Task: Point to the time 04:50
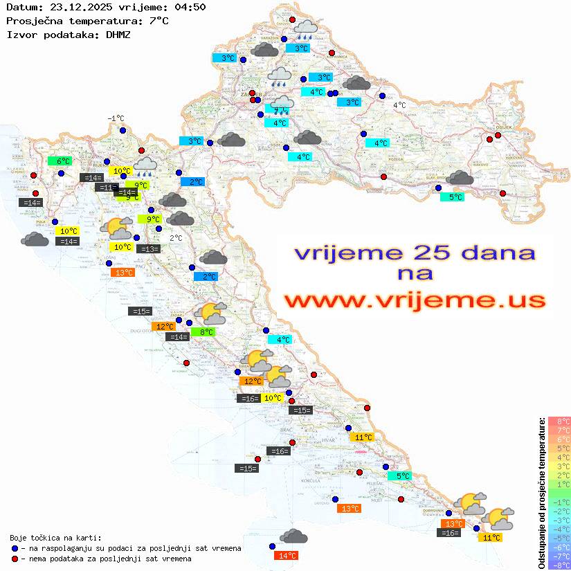click(x=190, y=8)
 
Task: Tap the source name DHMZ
click(x=118, y=34)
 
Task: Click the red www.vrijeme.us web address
click(x=414, y=300)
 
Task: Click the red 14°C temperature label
click(x=286, y=555)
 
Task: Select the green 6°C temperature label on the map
click(x=60, y=161)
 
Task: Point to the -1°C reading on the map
click(x=116, y=118)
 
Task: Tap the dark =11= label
click(x=107, y=187)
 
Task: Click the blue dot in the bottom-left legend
click(x=15, y=548)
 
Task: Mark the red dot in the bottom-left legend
click(x=15, y=559)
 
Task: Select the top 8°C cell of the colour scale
click(x=559, y=421)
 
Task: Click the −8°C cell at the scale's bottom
click(x=559, y=565)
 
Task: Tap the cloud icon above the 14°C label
click(x=294, y=536)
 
